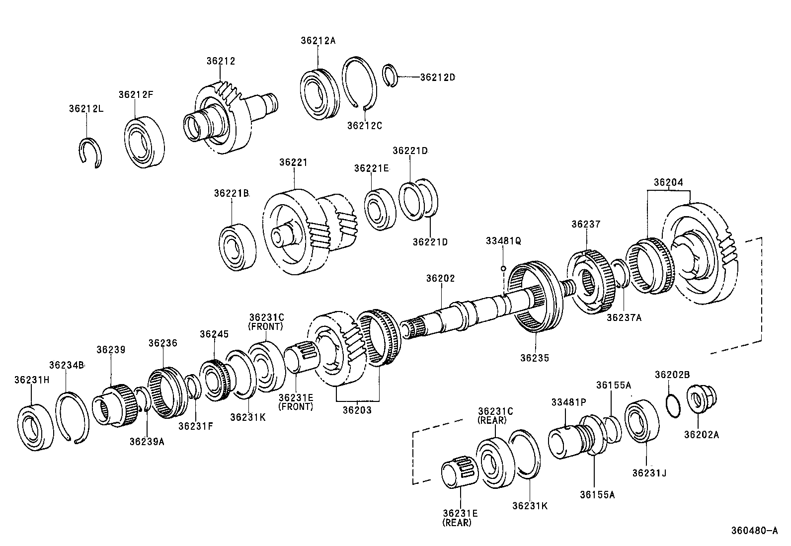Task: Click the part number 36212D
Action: [x=437, y=78]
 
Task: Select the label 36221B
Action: [x=232, y=193]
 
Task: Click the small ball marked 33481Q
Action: [x=503, y=269]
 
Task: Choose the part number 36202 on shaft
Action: [x=440, y=279]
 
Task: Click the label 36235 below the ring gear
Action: [x=535, y=358]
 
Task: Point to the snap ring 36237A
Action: [x=619, y=274]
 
